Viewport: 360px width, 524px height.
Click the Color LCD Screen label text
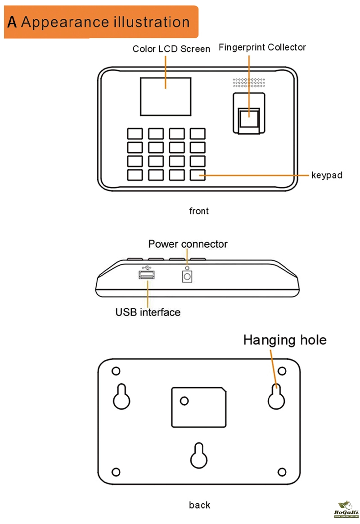(171, 49)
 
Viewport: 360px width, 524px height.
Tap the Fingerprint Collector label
(262, 47)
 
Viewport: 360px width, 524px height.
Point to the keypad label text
(327, 175)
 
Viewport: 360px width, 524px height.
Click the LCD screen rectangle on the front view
(166, 96)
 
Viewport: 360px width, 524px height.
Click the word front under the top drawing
(199, 211)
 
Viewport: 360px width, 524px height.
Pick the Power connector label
(188, 244)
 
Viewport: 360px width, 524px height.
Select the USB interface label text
(148, 312)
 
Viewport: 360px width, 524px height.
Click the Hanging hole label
(285, 340)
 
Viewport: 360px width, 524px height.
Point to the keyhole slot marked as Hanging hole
(276, 396)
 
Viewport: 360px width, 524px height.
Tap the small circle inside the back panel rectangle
(184, 400)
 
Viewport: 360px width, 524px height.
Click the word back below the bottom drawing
(199, 505)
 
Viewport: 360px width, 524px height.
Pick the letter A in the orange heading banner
(12, 22)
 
